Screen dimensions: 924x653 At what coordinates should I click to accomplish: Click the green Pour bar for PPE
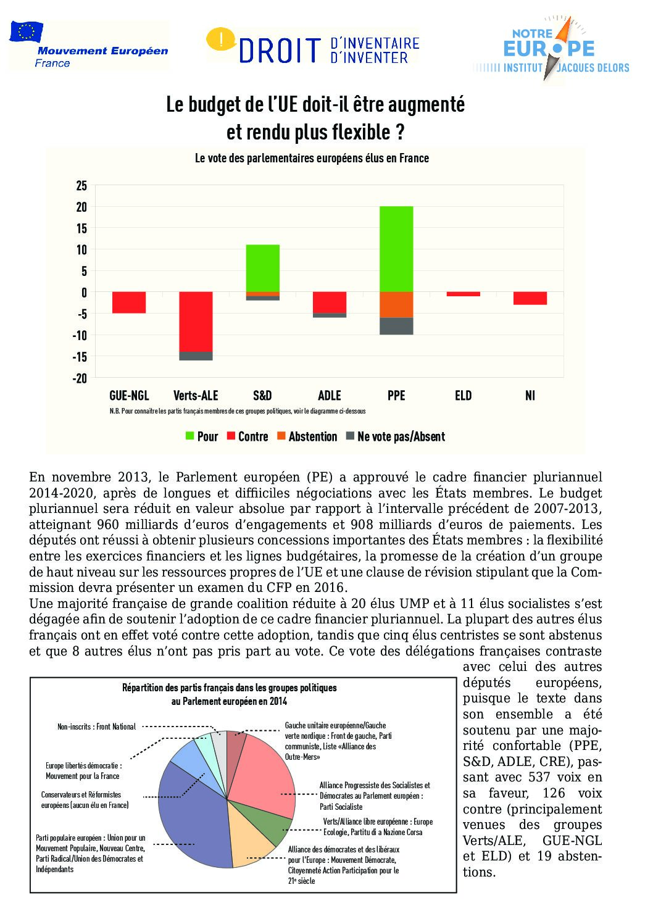click(x=396, y=249)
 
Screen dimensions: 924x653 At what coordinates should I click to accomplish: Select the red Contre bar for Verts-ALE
click(x=196, y=321)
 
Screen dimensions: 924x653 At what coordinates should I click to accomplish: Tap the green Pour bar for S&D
click(x=262, y=268)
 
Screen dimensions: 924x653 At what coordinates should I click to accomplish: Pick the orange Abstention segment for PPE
click(x=396, y=304)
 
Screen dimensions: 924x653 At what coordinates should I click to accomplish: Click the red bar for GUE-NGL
click(x=129, y=302)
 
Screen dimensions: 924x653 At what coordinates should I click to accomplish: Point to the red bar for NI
click(x=530, y=298)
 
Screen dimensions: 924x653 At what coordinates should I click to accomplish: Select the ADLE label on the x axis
click(x=329, y=396)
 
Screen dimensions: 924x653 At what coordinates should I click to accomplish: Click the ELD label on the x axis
click(x=463, y=396)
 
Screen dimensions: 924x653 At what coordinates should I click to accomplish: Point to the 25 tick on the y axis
click(x=81, y=186)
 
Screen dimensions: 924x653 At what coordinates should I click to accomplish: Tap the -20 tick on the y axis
click(x=80, y=378)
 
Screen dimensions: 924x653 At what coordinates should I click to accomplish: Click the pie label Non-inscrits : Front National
click(x=96, y=726)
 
